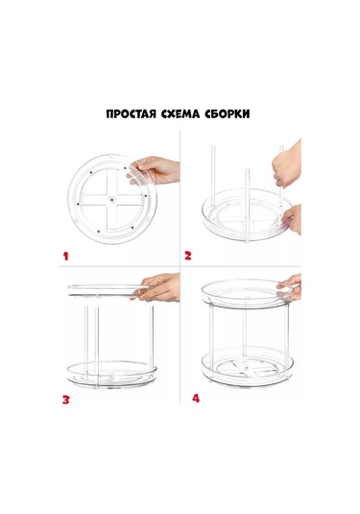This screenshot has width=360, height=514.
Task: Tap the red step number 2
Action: pos(189,257)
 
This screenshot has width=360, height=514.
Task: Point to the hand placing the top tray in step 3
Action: pos(162,285)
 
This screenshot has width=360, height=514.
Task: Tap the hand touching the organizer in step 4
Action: pos(292,283)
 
